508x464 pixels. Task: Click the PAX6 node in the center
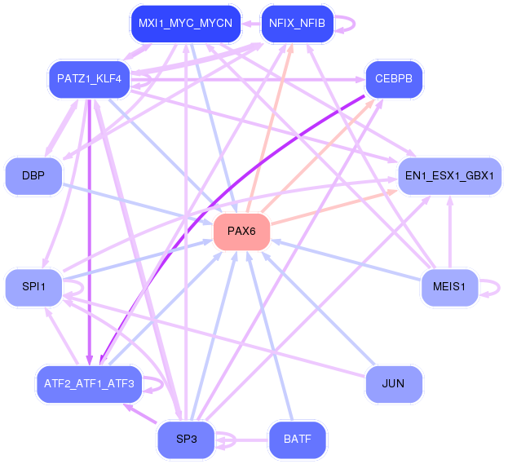click(x=241, y=232)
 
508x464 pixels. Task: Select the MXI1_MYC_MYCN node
click(x=186, y=24)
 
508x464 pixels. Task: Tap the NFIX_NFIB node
click(x=297, y=24)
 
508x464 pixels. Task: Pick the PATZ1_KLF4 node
click(x=89, y=79)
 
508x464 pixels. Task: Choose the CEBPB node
click(x=394, y=79)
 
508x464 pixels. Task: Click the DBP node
click(x=33, y=176)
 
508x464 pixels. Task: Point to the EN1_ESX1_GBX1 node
click(x=449, y=176)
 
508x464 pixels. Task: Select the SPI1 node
click(x=33, y=287)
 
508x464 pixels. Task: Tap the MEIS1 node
click(x=449, y=287)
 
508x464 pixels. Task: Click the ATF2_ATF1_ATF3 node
click(x=89, y=384)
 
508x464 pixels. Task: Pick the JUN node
click(x=394, y=384)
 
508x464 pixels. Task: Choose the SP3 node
click(x=186, y=440)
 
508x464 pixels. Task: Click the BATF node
click(x=297, y=440)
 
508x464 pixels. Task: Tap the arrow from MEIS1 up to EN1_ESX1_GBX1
click(x=449, y=232)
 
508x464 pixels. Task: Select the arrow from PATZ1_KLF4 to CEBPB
click(x=248, y=79)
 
